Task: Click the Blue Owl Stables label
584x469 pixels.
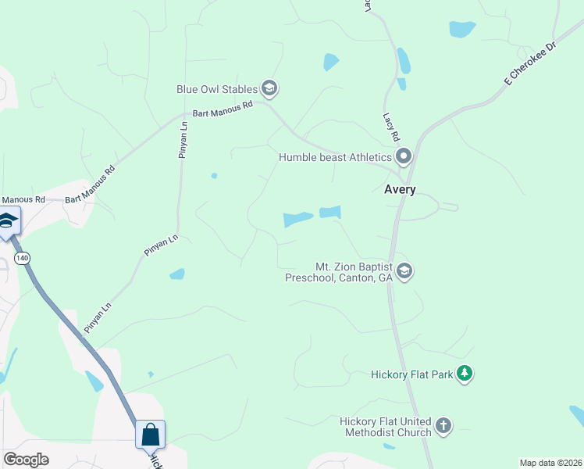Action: pos(217,89)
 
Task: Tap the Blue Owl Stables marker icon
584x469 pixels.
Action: pos(269,88)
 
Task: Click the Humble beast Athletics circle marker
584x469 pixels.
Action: pos(404,157)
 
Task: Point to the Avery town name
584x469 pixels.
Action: pos(400,189)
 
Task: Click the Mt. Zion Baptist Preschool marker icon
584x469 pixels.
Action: pos(404,271)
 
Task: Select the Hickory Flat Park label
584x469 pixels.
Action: pos(412,374)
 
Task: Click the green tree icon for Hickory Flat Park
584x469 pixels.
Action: pos(465,374)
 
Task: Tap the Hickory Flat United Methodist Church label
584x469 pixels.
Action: pos(386,427)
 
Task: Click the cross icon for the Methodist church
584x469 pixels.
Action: pos(443,426)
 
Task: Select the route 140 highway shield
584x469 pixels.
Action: pos(22,258)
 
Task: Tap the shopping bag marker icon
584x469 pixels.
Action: pos(150,434)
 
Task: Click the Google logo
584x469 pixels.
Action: pos(26,460)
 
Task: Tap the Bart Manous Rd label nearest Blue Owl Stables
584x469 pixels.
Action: pos(223,109)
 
